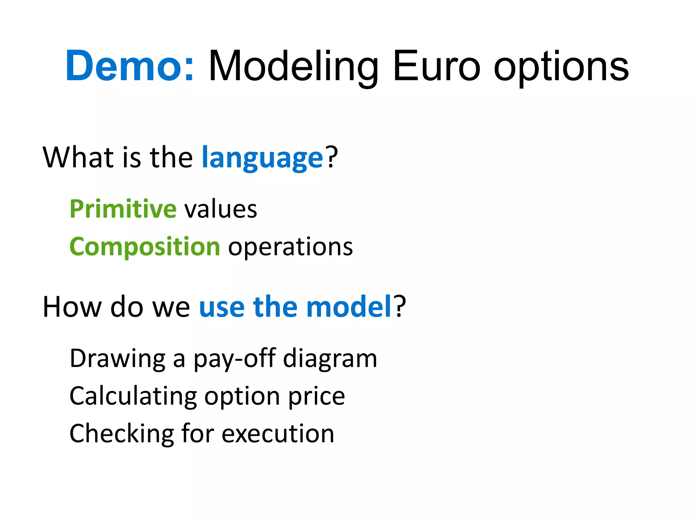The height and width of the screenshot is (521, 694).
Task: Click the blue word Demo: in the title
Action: pyautogui.click(x=130, y=66)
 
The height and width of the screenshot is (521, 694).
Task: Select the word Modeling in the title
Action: pyautogui.click(x=293, y=66)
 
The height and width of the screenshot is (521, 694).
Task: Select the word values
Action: pyautogui.click(x=221, y=209)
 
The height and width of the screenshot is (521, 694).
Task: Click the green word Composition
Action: pyautogui.click(x=145, y=247)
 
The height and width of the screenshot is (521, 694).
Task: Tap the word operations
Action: pyautogui.click(x=290, y=247)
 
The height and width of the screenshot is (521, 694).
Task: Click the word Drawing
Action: pyautogui.click(x=118, y=359)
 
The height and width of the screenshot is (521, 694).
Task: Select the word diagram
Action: pyautogui.click(x=330, y=359)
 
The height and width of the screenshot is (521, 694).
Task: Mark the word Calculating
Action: pyautogui.click(x=133, y=397)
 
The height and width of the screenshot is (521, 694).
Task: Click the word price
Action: pyautogui.click(x=317, y=397)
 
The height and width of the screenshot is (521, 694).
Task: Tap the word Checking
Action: pyautogui.click(x=122, y=434)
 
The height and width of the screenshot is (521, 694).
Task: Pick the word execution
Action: pyautogui.click(x=278, y=434)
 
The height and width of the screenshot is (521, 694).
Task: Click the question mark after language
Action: pyautogui.click(x=332, y=157)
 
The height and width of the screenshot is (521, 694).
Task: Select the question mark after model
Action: pyautogui.click(x=400, y=307)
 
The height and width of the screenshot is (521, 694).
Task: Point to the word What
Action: pyautogui.click(x=78, y=157)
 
